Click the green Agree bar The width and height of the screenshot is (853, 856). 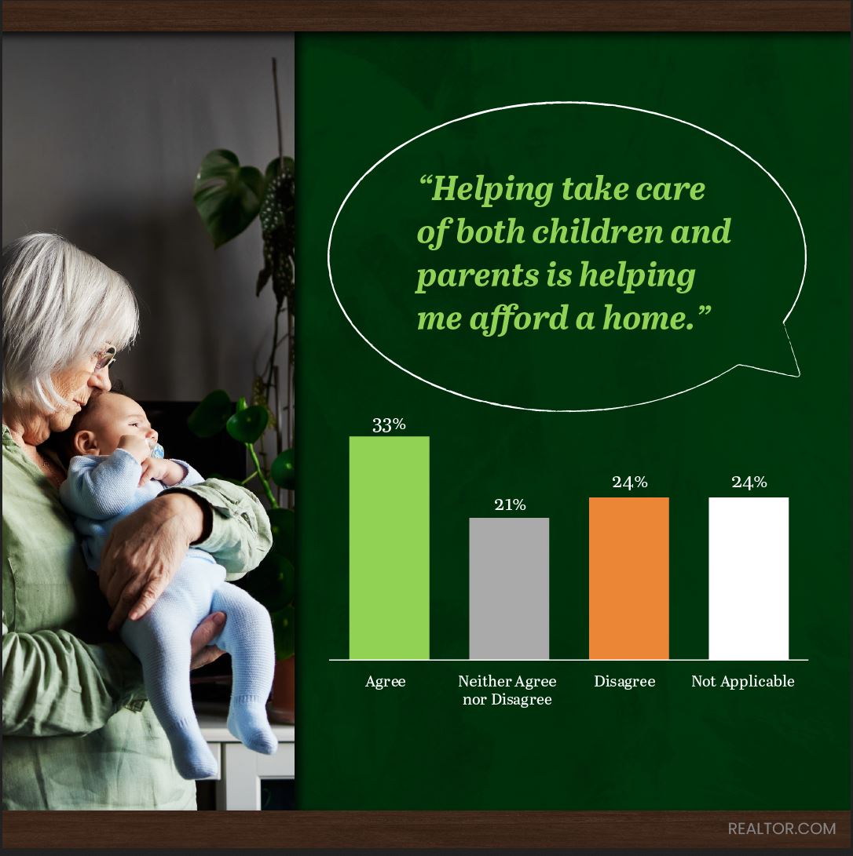click(389, 548)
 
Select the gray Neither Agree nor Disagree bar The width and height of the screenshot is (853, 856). click(509, 588)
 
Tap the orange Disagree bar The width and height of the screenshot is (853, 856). click(629, 578)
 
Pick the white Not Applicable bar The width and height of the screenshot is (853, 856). click(749, 578)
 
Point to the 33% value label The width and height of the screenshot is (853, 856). click(389, 424)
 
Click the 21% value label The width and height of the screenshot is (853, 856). click(510, 505)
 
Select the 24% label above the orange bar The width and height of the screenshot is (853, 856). click(629, 482)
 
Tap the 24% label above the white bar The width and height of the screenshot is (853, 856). click(749, 482)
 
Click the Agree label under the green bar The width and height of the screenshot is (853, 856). click(385, 682)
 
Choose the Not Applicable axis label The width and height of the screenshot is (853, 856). click(742, 682)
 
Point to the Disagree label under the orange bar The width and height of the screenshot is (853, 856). click(624, 682)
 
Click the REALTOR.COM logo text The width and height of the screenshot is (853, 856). click(782, 829)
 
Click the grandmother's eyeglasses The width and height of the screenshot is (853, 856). click(105, 358)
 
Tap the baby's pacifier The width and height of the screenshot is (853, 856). click(156, 451)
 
